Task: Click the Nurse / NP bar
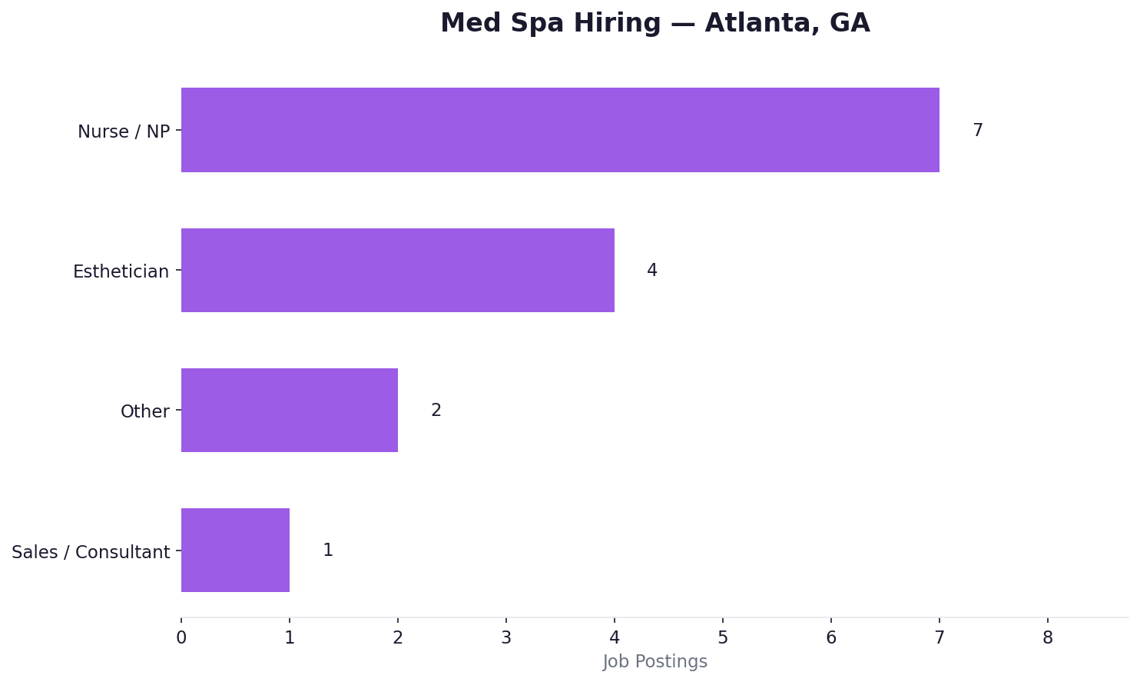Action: [x=560, y=130]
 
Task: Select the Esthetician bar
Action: [x=398, y=270]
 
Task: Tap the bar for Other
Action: [x=290, y=410]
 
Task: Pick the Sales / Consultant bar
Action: [x=235, y=550]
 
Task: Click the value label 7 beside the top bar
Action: [x=977, y=131]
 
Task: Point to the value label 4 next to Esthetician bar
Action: [x=651, y=271]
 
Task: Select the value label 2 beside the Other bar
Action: [x=436, y=411]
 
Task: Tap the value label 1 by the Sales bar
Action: [x=327, y=551]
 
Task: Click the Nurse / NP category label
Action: [x=124, y=131]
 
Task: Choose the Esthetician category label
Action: [x=121, y=271]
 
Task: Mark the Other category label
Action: [x=144, y=411]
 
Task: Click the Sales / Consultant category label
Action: [x=91, y=552]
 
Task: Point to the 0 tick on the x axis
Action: [x=181, y=637]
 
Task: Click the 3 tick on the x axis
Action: [x=506, y=637]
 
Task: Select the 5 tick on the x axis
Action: [x=723, y=637]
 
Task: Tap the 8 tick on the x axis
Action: [x=1048, y=637]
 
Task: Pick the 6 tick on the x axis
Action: [x=831, y=637]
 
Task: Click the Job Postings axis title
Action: [x=655, y=661]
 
